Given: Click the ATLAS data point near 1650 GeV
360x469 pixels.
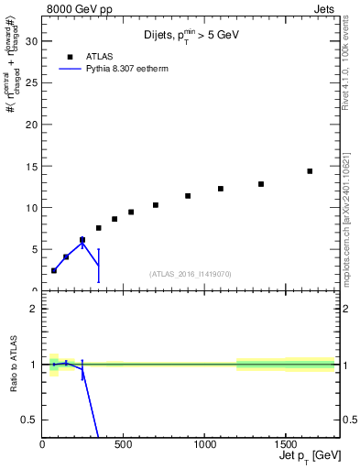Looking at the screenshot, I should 310,171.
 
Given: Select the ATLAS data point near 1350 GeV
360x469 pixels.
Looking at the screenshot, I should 261,184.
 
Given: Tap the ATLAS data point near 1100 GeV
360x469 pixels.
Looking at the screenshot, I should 221,189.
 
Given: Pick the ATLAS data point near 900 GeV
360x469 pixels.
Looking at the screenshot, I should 188,196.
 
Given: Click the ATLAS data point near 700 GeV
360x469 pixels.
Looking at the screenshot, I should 156,205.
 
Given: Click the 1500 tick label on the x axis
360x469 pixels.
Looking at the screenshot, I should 285,444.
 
